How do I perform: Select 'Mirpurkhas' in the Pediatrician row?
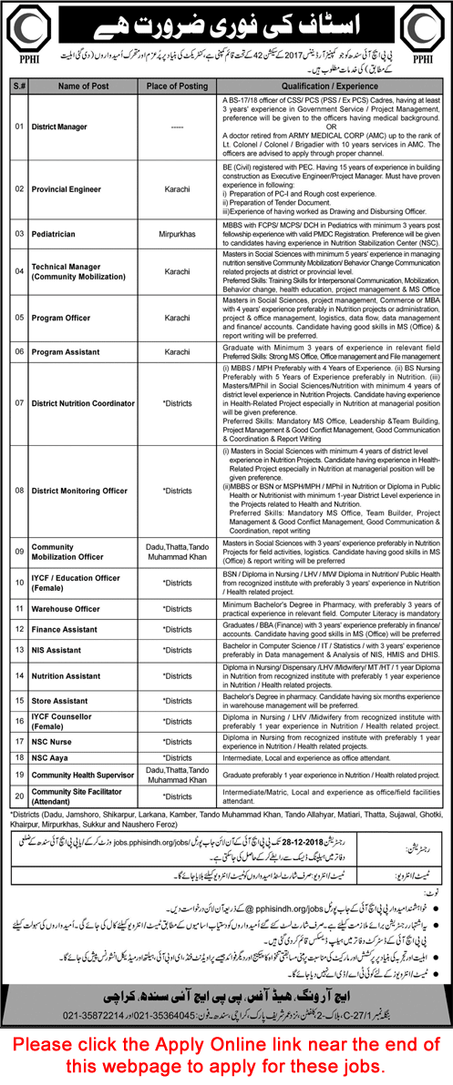[175, 234]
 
